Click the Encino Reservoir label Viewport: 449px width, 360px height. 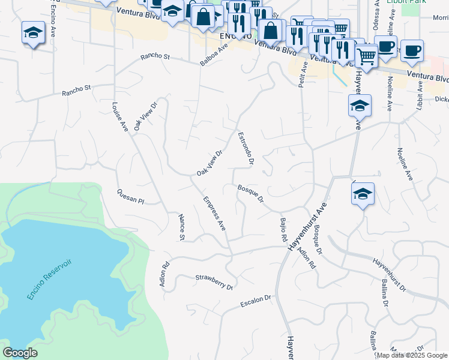49,280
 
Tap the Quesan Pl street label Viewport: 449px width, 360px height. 131,196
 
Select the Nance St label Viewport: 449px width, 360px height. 181,227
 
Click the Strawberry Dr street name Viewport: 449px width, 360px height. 214,283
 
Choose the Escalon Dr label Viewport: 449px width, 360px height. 256,300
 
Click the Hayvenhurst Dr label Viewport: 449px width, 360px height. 389,275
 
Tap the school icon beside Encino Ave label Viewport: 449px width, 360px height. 33,33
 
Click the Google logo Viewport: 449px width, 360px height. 20,353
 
